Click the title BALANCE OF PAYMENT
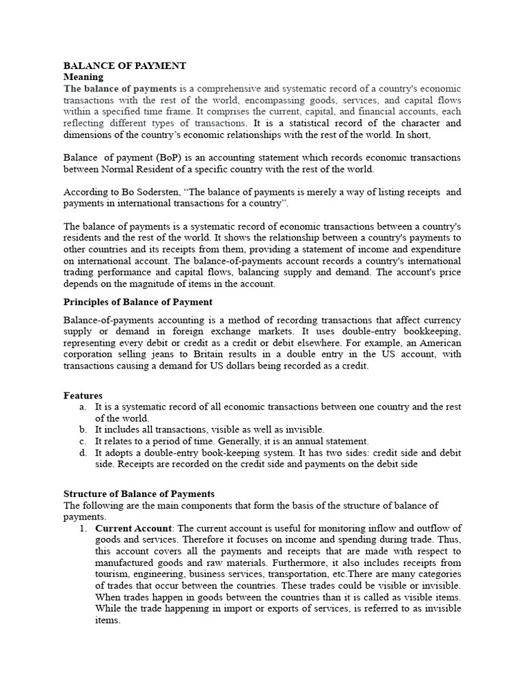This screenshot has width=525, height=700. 124,66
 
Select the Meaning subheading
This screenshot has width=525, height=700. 83,78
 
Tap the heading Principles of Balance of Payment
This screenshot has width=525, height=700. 137,301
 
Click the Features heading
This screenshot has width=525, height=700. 83,395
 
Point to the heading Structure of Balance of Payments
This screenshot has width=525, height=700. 139,494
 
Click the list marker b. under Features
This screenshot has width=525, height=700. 83,429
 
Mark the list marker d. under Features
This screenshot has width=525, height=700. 83,453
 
